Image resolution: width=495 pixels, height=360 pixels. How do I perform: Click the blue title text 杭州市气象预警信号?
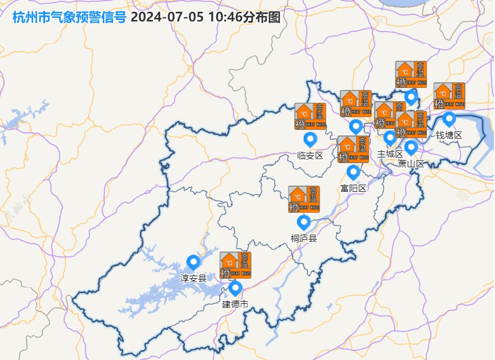click(x=69, y=17)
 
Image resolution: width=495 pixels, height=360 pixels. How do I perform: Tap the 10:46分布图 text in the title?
click(x=244, y=17)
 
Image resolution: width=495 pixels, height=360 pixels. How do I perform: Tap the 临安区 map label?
click(x=310, y=155)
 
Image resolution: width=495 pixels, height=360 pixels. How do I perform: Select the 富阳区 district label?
click(x=353, y=188)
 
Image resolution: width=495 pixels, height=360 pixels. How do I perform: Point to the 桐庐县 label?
click(x=304, y=238)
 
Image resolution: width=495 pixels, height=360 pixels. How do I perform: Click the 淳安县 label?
click(x=193, y=278)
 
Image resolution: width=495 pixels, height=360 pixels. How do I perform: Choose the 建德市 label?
click(x=235, y=304)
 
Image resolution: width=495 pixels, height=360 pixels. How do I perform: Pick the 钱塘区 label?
click(x=449, y=135)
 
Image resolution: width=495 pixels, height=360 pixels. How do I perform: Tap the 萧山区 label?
click(x=412, y=164)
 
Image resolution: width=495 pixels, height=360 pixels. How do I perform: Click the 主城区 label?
click(x=390, y=153)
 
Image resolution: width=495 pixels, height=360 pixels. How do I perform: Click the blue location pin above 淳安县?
click(x=193, y=262)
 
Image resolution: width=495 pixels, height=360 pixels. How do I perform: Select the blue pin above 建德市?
click(x=235, y=288)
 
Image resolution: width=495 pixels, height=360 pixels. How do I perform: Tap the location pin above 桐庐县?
click(x=304, y=222)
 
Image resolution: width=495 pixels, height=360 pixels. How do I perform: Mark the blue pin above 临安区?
click(x=310, y=139)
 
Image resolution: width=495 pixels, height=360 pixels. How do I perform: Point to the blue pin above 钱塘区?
click(x=449, y=119)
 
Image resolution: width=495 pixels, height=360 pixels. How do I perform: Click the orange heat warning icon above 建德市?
click(x=235, y=265)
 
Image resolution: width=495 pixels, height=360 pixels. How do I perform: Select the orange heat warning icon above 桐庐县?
click(x=304, y=199)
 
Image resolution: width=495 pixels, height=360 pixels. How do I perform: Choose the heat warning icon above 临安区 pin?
click(x=310, y=116)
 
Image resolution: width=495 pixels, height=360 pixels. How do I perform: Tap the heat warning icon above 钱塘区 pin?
click(x=449, y=96)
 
